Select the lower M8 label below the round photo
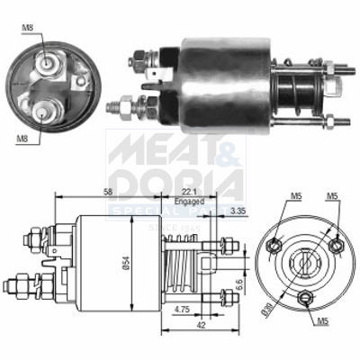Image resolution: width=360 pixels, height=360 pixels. pos(21,138)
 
